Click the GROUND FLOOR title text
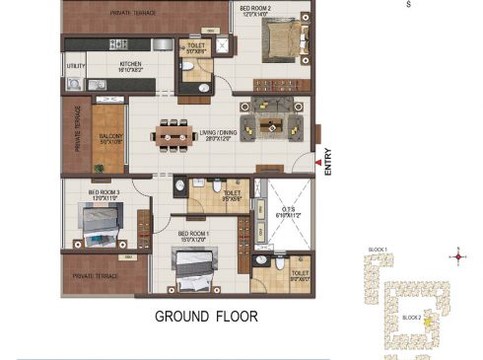[x=206, y=317]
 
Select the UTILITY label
[x=76, y=67]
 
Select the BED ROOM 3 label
[x=104, y=194]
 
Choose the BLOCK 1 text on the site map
[x=379, y=251]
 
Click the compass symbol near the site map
[x=456, y=256]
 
